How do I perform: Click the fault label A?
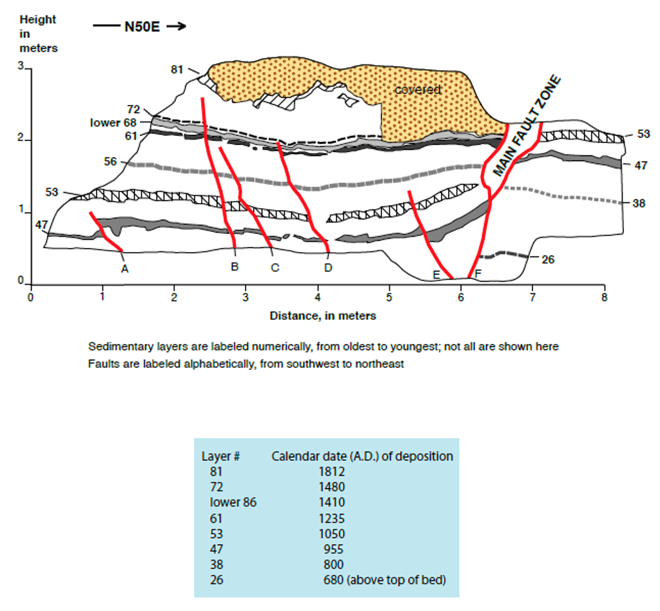[125, 269]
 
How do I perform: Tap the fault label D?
[328, 268]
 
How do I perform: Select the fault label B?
[235, 267]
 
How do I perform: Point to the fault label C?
[275, 268]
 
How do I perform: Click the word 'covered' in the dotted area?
[418, 90]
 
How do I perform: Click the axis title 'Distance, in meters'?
[323, 316]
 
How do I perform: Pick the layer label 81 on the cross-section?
[177, 69]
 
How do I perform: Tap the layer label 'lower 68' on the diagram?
[113, 122]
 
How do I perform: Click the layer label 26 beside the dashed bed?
[548, 259]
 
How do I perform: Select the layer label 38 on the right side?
[639, 203]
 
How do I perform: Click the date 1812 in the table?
[331, 472]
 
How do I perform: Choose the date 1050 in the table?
[331, 534]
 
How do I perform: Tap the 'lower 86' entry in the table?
[233, 503]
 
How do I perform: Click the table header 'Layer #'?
[221, 456]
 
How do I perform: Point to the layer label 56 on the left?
[111, 161]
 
